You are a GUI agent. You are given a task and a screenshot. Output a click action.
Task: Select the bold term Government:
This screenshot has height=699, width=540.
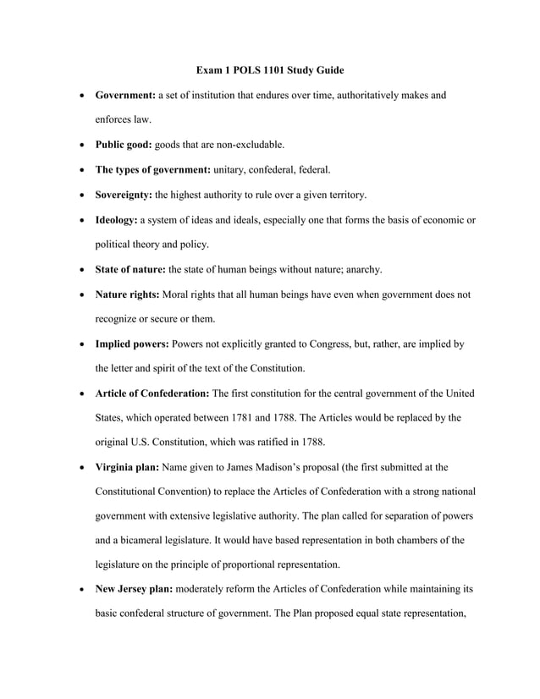[x=131, y=96]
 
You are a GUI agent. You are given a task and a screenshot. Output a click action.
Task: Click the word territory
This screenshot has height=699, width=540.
[x=344, y=195]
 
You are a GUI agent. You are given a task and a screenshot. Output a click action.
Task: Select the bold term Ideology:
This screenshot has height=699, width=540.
[x=117, y=220]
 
